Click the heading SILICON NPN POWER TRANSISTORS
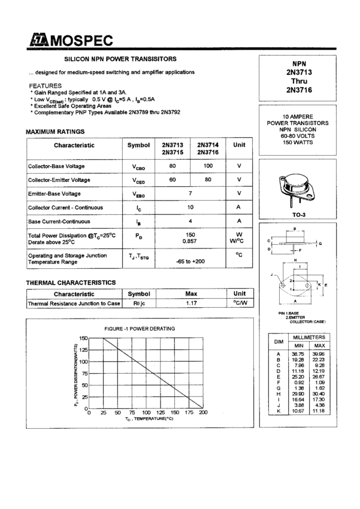[x=120, y=59]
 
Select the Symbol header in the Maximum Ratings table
[x=138, y=146]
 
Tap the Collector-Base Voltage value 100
[x=208, y=165]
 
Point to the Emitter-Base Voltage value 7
[x=190, y=193]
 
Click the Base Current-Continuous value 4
[x=190, y=221]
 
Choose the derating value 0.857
[x=190, y=240]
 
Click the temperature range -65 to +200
[x=190, y=262]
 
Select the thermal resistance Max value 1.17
[x=191, y=304]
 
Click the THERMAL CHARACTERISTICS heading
[x=71, y=282]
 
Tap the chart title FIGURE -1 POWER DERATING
[x=140, y=329]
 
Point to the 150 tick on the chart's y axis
[x=83, y=338]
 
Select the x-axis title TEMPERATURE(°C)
[x=150, y=419]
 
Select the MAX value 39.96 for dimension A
[x=319, y=354]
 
